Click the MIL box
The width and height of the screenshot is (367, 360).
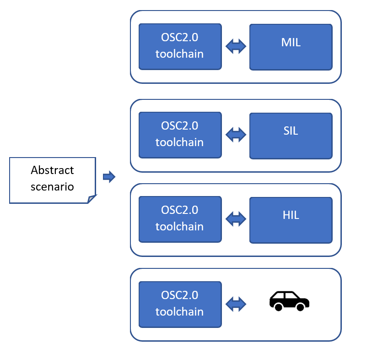291,47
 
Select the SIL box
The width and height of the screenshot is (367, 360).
291,135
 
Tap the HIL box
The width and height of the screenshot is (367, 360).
291,220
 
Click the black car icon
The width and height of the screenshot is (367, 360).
289,301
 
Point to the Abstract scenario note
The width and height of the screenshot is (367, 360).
52,180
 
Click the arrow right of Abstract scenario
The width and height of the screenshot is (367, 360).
109,177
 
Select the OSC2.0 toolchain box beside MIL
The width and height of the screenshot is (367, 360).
180,47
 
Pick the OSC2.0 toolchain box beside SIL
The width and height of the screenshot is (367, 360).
180,135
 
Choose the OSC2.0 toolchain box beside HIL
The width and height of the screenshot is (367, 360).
180,219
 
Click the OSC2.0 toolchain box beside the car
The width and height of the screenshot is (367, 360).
180,304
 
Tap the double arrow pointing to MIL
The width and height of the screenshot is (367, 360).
236,46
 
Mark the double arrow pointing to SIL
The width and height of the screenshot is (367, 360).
236,134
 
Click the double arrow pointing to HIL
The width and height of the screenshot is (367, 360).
236,218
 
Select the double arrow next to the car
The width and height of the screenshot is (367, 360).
236,303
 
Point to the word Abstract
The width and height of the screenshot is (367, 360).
52,170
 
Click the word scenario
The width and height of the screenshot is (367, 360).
52,187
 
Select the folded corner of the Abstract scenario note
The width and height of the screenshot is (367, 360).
92,198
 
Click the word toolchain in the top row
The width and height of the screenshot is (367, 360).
179,54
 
